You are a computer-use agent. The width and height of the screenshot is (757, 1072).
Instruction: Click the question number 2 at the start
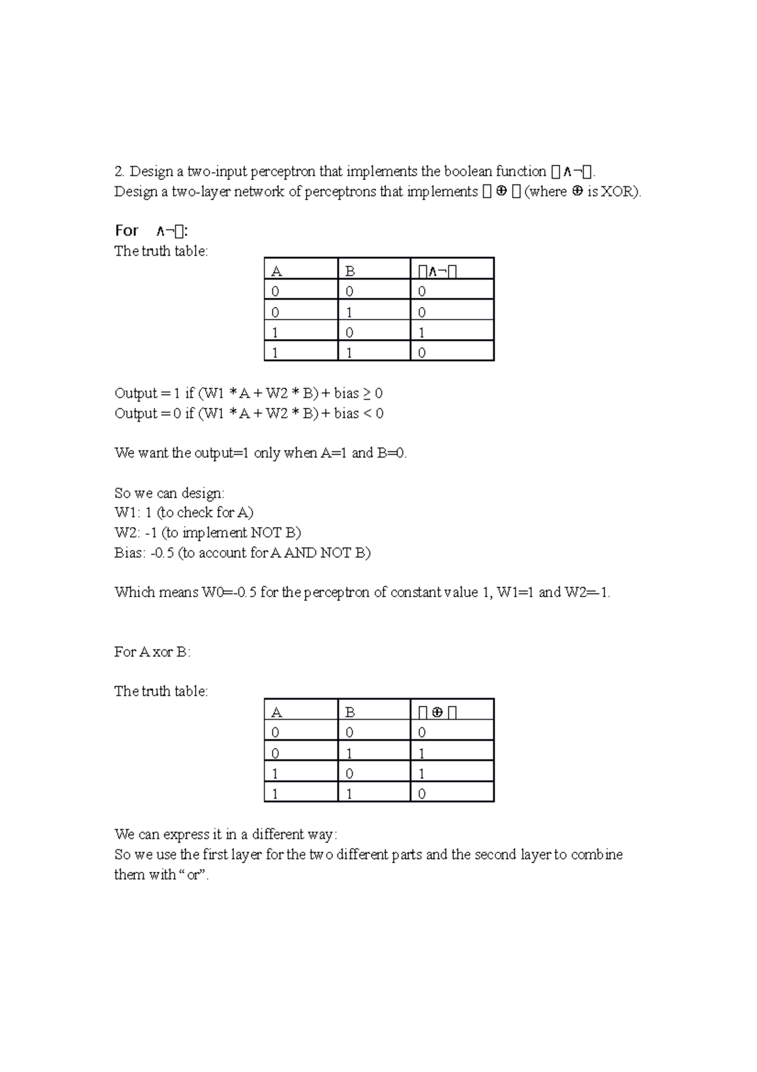118,172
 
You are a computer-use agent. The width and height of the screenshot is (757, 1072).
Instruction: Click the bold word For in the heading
126,231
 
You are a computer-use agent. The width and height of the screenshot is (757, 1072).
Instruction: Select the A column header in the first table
276,271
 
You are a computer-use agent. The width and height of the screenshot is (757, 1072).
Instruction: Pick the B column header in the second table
350,712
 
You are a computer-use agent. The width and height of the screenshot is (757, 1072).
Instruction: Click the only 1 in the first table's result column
421,333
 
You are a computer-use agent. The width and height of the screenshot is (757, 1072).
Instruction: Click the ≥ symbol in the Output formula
367,393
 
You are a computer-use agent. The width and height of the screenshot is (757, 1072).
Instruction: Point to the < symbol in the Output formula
367,414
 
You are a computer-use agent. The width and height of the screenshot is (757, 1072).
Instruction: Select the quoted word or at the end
193,875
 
